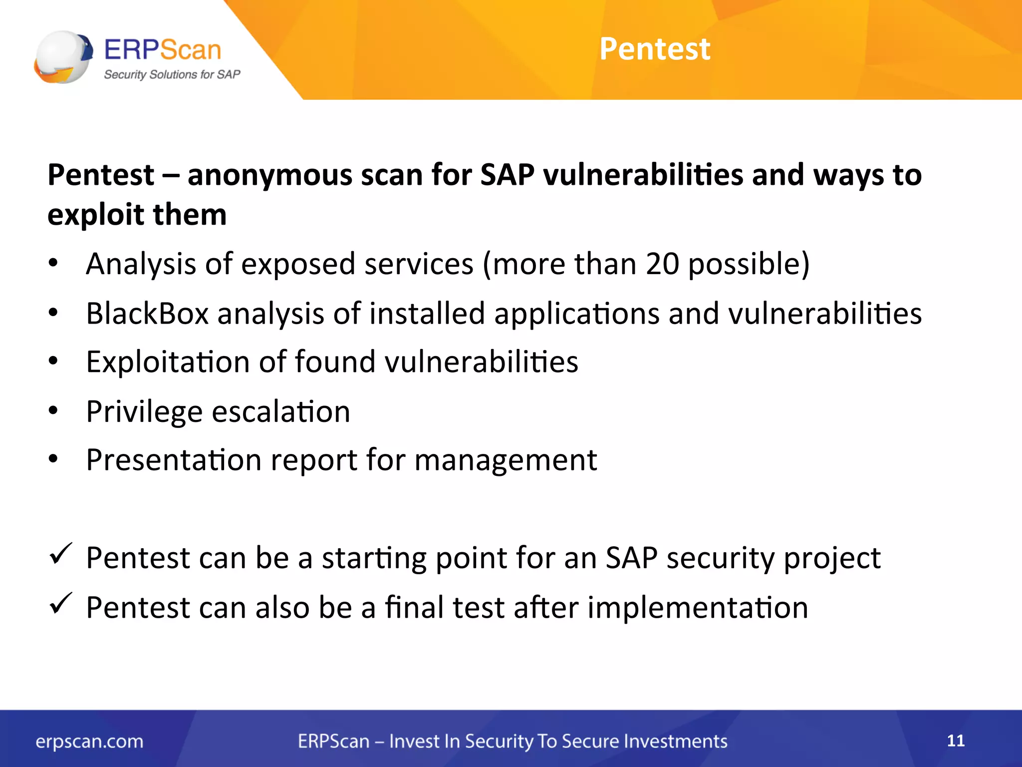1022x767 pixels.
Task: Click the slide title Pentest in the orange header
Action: coord(654,49)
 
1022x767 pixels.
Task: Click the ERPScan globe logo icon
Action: coord(63,56)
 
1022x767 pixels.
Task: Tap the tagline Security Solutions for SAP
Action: coord(172,74)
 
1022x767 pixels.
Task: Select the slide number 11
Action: coord(955,741)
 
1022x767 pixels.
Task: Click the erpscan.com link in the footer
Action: coord(89,742)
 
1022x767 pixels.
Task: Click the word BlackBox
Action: coord(147,314)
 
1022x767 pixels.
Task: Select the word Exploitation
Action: coord(168,362)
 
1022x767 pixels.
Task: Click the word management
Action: coord(506,460)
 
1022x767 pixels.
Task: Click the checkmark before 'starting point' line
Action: coord(61,554)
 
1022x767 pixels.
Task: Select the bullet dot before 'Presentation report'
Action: coord(53,458)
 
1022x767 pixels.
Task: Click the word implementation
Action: coord(698,608)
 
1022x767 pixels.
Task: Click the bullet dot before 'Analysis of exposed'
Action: coord(53,263)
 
